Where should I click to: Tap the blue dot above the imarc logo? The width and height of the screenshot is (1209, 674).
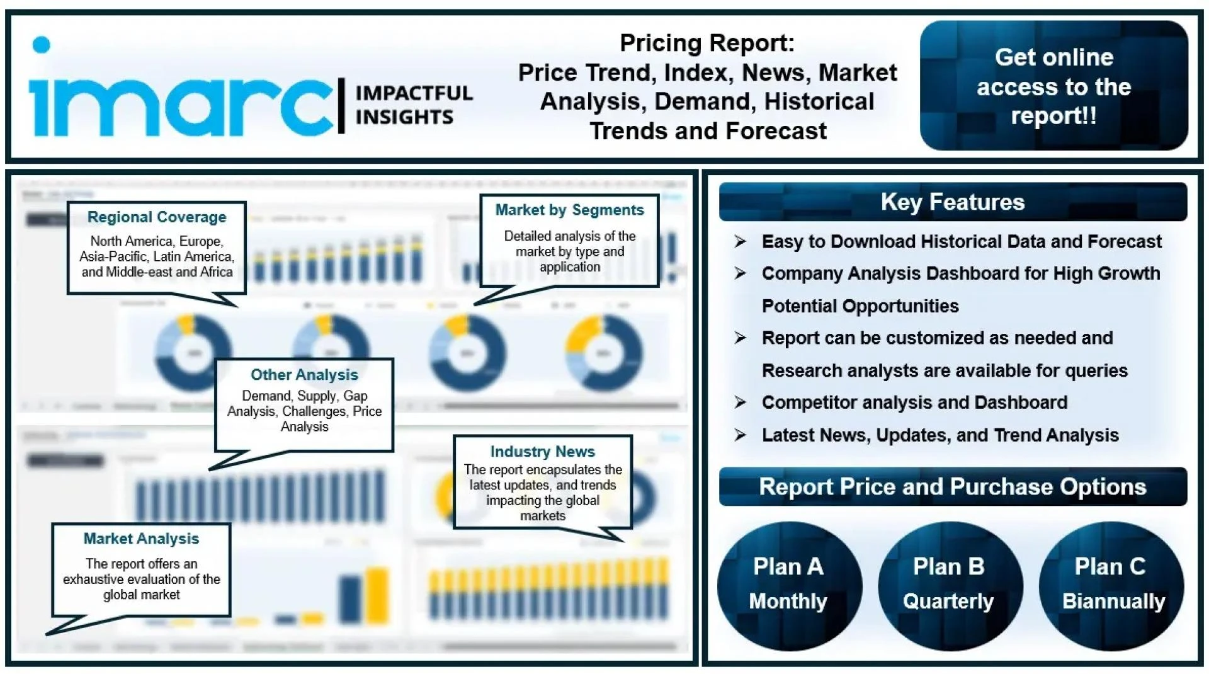(x=41, y=45)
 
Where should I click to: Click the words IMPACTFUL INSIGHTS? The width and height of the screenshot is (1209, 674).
(x=413, y=105)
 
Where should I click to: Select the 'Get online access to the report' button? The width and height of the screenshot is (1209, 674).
(x=1053, y=86)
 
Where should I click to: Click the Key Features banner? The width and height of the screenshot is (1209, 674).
(x=952, y=202)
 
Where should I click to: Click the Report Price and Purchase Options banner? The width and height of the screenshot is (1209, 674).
(x=952, y=487)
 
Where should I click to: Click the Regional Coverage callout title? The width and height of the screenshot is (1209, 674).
(x=157, y=217)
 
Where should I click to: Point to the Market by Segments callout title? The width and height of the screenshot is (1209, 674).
(x=569, y=210)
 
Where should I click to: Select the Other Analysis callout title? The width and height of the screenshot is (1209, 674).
(x=304, y=375)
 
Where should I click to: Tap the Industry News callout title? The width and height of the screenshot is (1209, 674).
(x=542, y=452)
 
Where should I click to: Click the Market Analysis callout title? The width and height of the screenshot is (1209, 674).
(x=141, y=539)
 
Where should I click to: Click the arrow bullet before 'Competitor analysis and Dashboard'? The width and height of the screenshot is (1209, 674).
(x=740, y=403)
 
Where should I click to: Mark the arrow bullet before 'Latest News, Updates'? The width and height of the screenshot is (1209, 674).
(x=740, y=435)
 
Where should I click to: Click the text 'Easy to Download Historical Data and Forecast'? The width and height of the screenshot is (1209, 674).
(x=961, y=242)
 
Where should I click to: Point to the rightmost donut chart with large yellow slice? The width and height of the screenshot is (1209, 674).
(x=603, y=353)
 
